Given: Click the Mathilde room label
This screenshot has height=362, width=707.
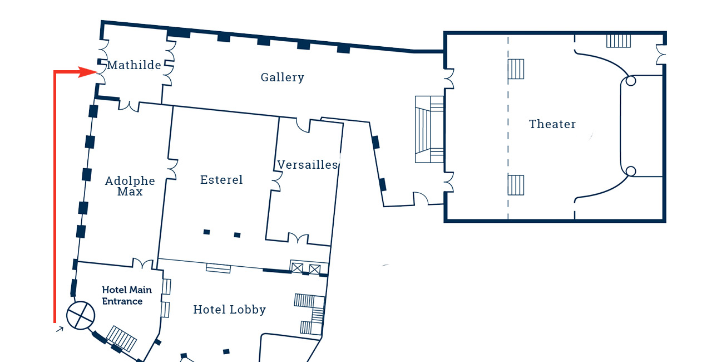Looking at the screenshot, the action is point(134,65).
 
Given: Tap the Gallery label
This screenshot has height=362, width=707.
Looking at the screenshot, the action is point(283,77).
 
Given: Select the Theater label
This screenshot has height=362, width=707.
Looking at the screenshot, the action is point(552,124).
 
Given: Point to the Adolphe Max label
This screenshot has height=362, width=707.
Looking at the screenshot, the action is point(130,187).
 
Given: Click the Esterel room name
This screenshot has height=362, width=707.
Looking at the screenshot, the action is point(221,180).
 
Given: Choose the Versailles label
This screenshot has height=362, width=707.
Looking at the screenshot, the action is point(308,165).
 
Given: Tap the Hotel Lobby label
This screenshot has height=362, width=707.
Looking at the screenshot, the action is point(229,310).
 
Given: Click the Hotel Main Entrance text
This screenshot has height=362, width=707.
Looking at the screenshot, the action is point(122,296).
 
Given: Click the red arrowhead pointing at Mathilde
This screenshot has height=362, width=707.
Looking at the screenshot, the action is point(89,72).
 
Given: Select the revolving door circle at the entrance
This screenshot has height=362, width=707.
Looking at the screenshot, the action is point(81,315).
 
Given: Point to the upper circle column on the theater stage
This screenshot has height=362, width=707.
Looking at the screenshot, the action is point(630,81).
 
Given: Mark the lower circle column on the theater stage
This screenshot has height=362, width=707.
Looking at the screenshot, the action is point(630,171).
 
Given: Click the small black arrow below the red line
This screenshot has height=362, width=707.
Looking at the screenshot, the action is point(60,330).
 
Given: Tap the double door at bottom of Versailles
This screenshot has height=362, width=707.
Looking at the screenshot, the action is point(298,239).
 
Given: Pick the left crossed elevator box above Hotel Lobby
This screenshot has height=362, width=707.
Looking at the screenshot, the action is point(298,269).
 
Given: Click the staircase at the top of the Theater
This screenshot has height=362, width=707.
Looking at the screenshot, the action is point(618,41).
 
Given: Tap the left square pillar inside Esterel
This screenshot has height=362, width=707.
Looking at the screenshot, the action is point(206,232).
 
